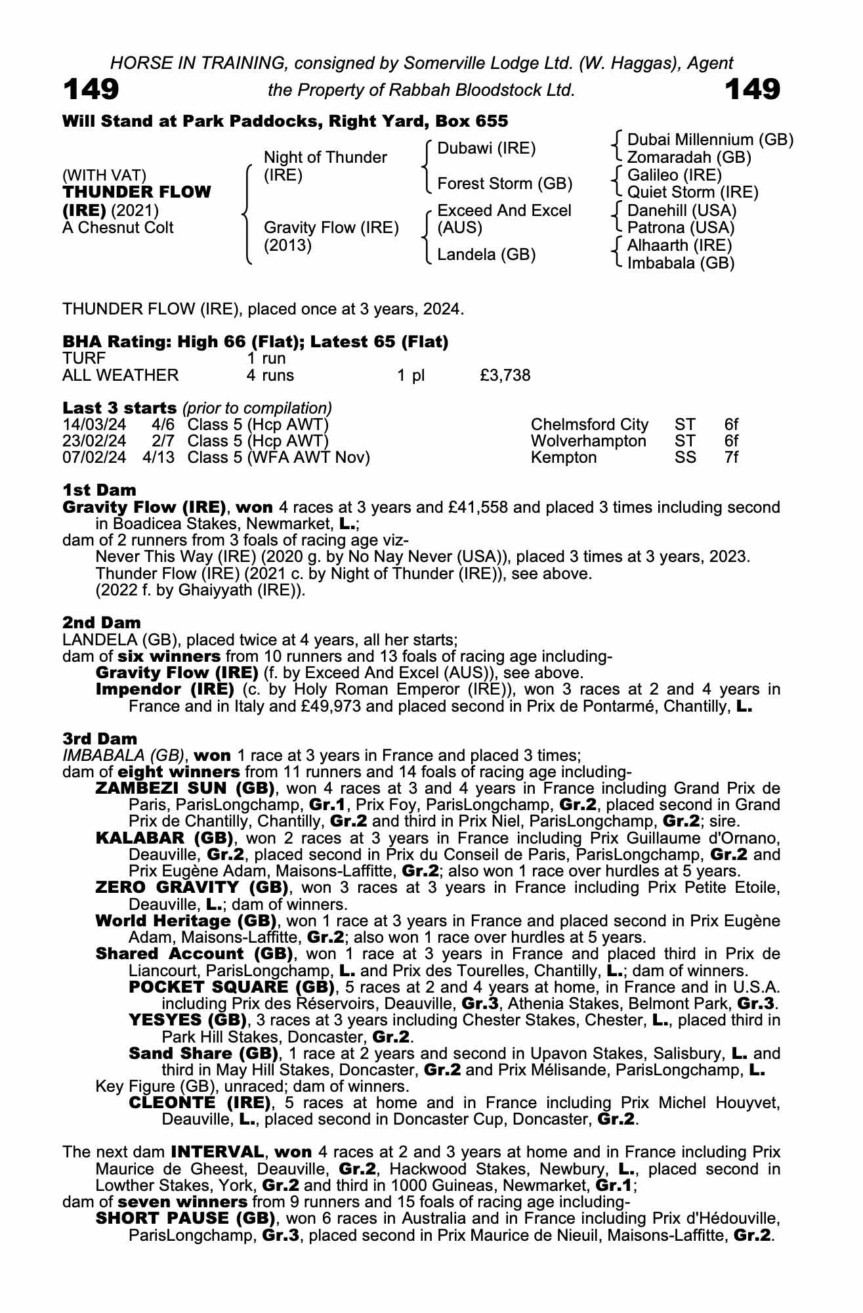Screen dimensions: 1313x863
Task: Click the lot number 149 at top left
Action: tap(91, 89)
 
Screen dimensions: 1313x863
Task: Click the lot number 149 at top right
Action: tap(753, 89)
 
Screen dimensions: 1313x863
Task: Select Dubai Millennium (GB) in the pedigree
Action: tap(710, 140)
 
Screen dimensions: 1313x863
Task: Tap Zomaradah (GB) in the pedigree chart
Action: tap(689, 158)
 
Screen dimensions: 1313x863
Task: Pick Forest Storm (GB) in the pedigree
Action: tap(505, 184)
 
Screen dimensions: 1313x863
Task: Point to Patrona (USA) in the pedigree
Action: tap(681, 228)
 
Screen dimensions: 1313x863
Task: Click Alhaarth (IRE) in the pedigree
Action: tap(679, 246)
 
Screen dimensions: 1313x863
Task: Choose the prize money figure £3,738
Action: tap(505, 376)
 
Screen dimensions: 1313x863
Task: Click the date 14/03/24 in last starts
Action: tap(94, 425)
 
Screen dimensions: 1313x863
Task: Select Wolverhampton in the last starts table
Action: tap(588, 441)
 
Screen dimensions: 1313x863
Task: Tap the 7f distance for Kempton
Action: tap(731, 458)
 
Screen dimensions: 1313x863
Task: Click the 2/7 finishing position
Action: tap(163, 441)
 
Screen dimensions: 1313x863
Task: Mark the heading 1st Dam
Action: tap(100, 490)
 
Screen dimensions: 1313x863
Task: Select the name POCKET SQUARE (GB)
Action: tap(230, 987)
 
